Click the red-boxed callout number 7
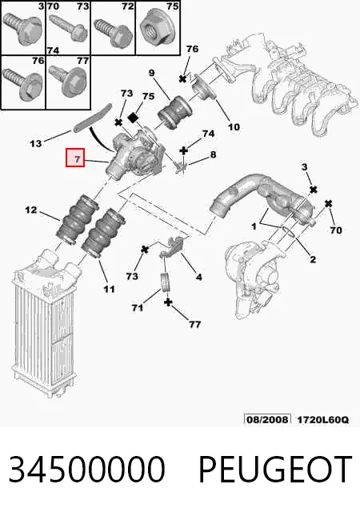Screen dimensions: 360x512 pos(77,159)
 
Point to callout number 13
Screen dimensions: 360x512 pos(36,143)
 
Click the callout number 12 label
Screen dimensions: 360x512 pos(31,210)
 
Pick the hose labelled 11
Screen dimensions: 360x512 pos(102,232)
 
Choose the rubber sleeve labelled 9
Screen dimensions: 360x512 pos(174,112)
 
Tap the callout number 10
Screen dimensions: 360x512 pos(234,126)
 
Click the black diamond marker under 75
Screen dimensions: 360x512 pos(133,118)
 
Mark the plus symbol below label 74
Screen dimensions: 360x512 pos(183,150)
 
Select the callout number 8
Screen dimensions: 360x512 pos(213,154)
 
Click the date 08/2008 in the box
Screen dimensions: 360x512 pos(267,419)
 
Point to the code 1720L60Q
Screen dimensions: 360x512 pos(322,419)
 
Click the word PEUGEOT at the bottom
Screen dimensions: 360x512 pos(275,470)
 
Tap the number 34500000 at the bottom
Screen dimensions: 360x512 pos(86,470)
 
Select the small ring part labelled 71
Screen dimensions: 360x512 pos(166,282)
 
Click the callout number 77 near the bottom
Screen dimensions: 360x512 pos(194,324)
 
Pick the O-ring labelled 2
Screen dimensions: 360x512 pos(289,232)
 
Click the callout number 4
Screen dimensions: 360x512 pos(198,277)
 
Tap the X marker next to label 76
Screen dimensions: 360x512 pos(182,78)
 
